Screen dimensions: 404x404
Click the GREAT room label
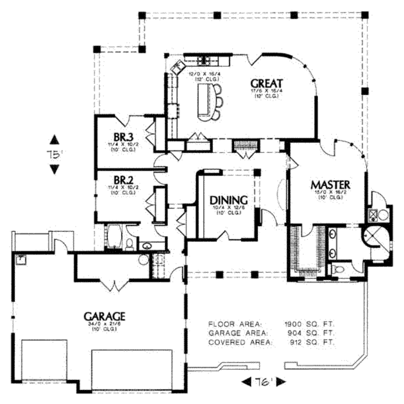pos(267,83)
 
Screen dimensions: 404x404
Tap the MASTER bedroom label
pos(330,184)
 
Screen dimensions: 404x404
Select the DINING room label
pos(228,200)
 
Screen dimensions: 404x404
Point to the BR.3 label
pos(123,137)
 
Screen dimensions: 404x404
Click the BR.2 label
pos(123,180)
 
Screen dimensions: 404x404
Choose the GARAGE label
pos(105,316)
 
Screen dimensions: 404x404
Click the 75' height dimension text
pos(54,154)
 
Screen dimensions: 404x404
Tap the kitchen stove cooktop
pos(204,60)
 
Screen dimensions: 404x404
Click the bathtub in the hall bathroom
pos(115,237)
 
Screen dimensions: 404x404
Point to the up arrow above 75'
pos(54,140)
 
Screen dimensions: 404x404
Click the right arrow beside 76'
pos(281,382)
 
